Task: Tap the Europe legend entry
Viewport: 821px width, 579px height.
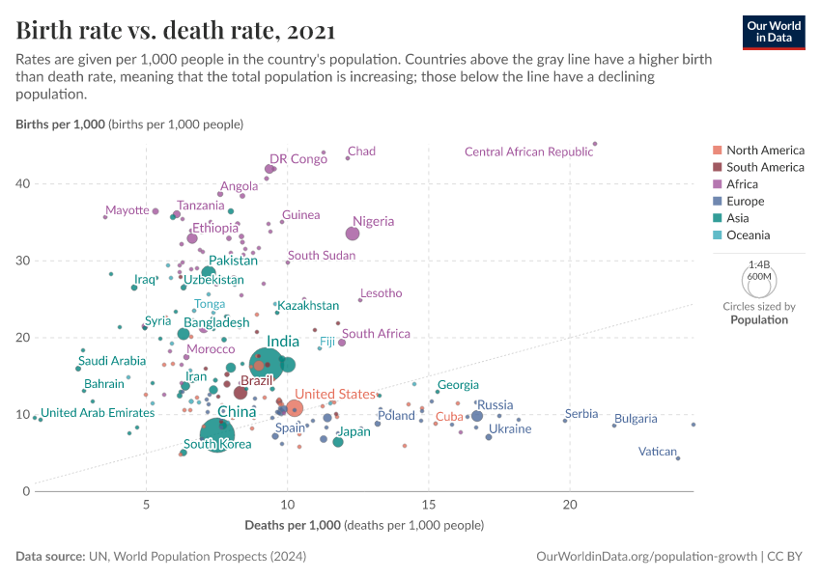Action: click(x=745, y=202)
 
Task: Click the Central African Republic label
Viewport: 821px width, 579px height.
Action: click(x=528, y=152)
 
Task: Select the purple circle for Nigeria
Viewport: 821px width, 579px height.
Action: click(x=353, y=234)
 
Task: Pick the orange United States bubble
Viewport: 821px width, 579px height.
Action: click(x=295, y=408)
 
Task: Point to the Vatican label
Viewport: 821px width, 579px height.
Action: click(x=658, y=451)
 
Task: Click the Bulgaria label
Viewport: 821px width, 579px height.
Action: click(x=636, y=419)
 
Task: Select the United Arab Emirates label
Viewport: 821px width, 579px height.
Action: click(x=98, y=413)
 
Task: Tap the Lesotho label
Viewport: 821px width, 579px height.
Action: click(x=381, y=293)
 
